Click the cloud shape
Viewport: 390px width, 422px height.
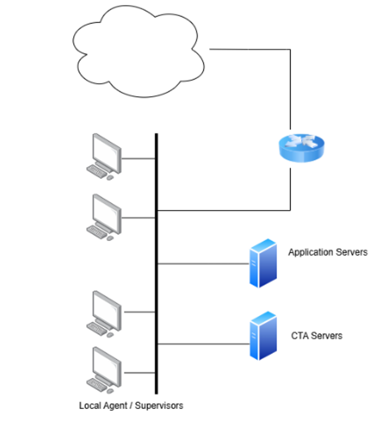(x=138, y=51)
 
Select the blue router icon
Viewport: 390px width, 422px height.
(x=302, y=148)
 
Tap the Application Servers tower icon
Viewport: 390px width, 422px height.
(x=263, y=263)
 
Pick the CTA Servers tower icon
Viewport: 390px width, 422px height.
(x=263, y=335)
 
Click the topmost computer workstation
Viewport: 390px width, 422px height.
(x=104, y=156)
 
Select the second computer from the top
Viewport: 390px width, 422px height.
(x=104, y=217)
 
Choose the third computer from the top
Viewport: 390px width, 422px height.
(x=104, y=314)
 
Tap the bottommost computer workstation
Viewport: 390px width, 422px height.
(x=104, y=370)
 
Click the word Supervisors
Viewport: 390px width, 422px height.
(x=159, y=406)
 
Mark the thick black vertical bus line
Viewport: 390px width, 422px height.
(x=156, y=264)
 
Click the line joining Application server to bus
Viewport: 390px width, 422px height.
(x=203, y=264)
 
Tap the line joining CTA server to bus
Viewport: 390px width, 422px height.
(x=203, y=344)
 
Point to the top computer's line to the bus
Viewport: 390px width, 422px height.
(x=138, y=159)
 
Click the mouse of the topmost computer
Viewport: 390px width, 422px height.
(x=110, y=178)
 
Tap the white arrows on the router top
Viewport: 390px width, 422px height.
(x=302, y=141)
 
